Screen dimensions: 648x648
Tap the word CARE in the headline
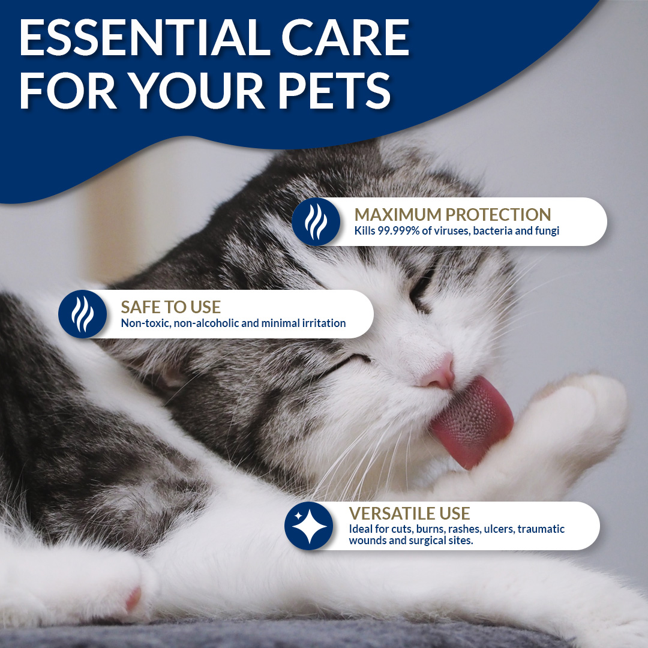coord(346,37)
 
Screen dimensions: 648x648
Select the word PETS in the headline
coord(334,90)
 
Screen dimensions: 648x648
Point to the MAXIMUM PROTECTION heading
coord(452,215)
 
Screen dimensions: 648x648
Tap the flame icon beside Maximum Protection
coord(316,222)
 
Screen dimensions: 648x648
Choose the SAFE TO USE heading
coord(170,307)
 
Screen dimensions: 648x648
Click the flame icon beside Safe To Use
coord(82,314)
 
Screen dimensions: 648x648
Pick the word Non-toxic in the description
coord(145,323)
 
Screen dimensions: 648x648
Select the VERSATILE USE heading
coord(410,513)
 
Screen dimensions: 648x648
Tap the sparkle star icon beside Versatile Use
coord(309,526)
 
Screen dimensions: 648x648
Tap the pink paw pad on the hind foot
coord(133,598)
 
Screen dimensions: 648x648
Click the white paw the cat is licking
coord(574,425)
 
